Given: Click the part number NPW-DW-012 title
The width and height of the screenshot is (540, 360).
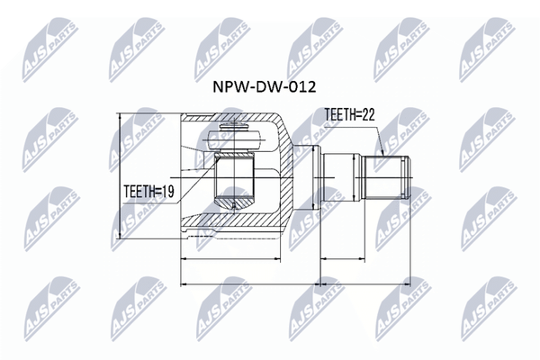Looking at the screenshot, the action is pyautogui.click(x=264, y=86).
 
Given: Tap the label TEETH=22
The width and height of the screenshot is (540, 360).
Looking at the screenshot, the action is pyautogui.click(x=349, y=115).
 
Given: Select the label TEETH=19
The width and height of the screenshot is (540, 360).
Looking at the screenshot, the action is pyautogui.click(x=148, y=192).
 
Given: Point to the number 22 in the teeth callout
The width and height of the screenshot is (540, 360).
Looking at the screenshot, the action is pyautogui.click(x=367, y=115).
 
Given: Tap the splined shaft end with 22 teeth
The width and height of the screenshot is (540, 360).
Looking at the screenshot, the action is pyautogui.click(x=387, y=177).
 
